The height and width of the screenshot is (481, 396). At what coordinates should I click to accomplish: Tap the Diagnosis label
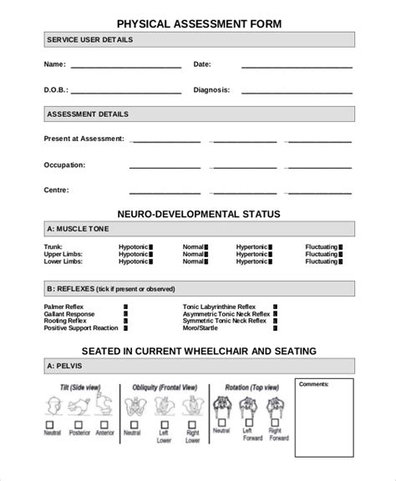pos(211,89)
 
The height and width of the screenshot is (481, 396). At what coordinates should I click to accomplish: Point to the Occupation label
pos(64,165)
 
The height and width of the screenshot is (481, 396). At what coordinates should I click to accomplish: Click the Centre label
pos(57,190)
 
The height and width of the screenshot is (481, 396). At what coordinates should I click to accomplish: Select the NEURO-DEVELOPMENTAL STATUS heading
pos(197,214)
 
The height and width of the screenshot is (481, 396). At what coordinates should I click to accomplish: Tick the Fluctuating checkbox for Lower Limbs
pos(341,261)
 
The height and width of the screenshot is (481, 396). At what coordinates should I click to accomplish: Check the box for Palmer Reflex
pos(125,306)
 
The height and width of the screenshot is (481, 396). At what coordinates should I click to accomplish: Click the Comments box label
pos(314,384)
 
